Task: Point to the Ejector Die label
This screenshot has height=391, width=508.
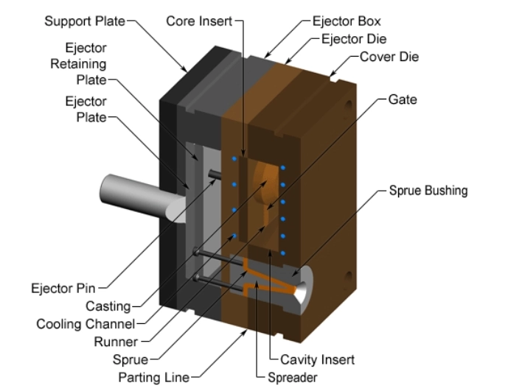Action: [x=353, y=38]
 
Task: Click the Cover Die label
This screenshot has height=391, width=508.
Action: [x=390, y=56]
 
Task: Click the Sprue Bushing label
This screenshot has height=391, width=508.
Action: [x=428, y=191]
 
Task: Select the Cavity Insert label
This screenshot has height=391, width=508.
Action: [x=317, y=360]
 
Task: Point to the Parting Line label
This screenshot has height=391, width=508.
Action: [x=153, y=378]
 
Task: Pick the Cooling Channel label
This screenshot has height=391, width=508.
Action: [x=86, y=324]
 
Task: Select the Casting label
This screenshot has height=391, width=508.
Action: [x=108, y=306]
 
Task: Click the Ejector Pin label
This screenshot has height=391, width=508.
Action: [x=63, y=287]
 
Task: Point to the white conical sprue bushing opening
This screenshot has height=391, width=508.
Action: [x=304, y=290]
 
